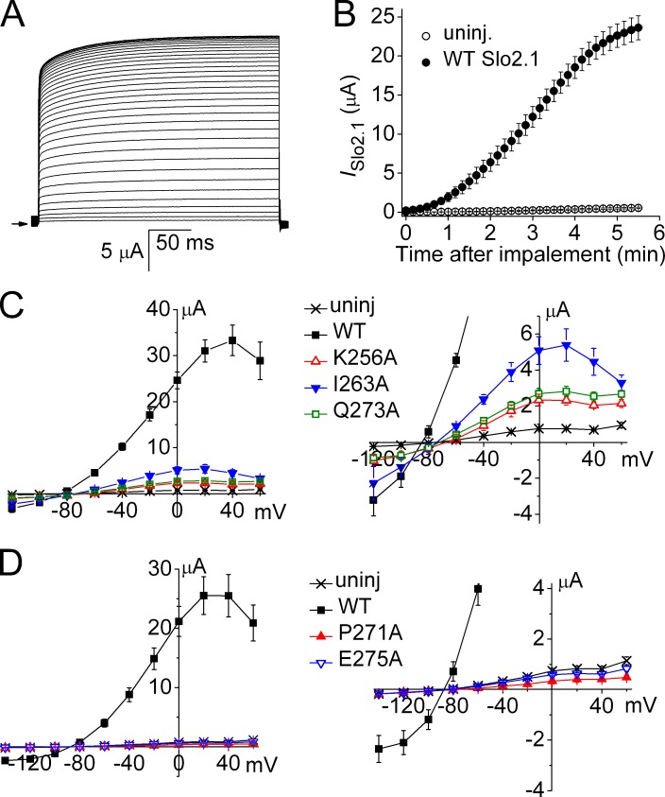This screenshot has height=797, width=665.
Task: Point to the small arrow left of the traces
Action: click(20, 223)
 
